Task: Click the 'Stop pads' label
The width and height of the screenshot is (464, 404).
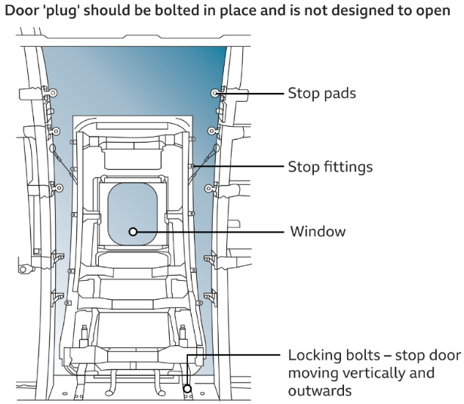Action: click(322, 95)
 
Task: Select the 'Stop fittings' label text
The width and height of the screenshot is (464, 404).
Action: click(330, 166)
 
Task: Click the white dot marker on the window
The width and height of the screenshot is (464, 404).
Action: click(133, 232)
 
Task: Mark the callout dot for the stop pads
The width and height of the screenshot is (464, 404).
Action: click(215, 94)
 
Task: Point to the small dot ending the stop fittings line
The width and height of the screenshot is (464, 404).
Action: click(194, 166)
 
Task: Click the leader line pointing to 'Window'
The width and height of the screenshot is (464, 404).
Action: click(211, 232)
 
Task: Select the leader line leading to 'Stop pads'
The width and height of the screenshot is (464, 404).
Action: click(249, 94)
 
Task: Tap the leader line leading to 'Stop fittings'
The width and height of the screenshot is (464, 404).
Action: click(238, 166)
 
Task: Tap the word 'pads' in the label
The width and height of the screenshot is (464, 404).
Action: click(339, 95)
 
